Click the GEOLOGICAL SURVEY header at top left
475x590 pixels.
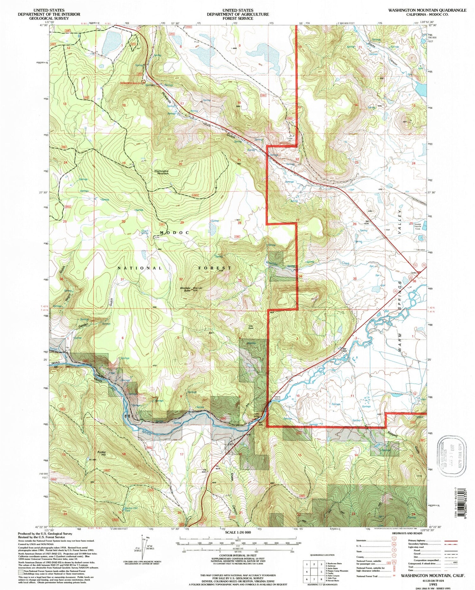(x=49, y=18)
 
